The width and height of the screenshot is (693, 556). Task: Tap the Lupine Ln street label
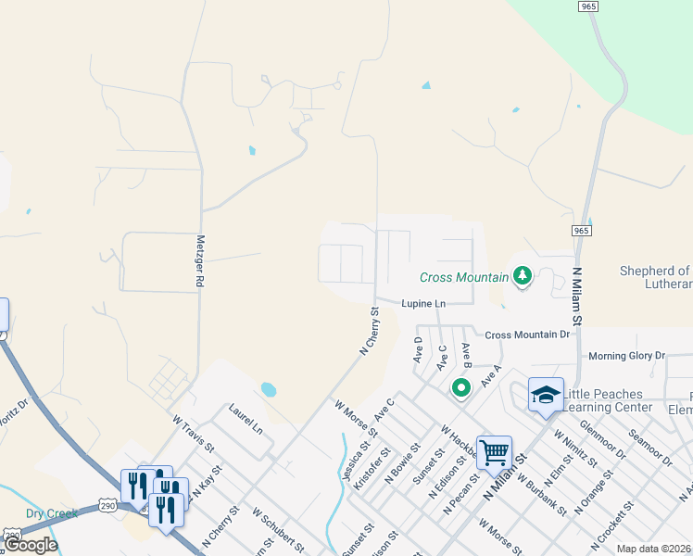[x=423, y=304]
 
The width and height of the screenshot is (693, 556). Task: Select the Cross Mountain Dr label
[x=527, y=335]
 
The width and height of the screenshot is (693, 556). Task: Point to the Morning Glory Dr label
[x=627, y=356]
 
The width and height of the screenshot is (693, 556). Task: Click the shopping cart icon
[x=495, y=452]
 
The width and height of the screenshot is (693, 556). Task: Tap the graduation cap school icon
[x=546, y=394]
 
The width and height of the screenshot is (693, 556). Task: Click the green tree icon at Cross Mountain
[x=523, y=276]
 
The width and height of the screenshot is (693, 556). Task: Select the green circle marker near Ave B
[x=460, y=387]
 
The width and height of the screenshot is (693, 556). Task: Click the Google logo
[x=31, y=545]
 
